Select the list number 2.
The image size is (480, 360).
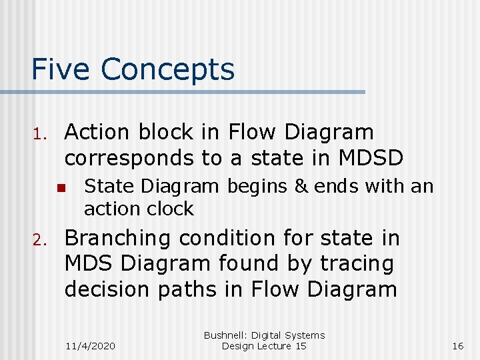[x=39, y=239]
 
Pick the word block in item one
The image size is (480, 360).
[x=165, y=132]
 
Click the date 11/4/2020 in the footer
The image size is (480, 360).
[x=91, y=345]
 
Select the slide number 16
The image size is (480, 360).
[x=457, y=345]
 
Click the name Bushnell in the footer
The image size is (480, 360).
[x=226, y=335]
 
